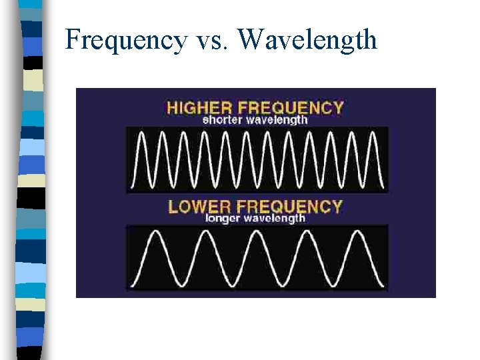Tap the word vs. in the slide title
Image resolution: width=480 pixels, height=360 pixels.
pyautogui.click(x=212, y=41)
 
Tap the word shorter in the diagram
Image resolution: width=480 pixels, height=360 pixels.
pyautogui.click(x=222, y=120)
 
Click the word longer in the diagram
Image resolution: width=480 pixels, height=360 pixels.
pyautogui.click(x=223, y=218)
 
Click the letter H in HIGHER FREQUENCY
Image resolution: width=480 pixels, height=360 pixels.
pyautogui.click(x=172, y=107)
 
